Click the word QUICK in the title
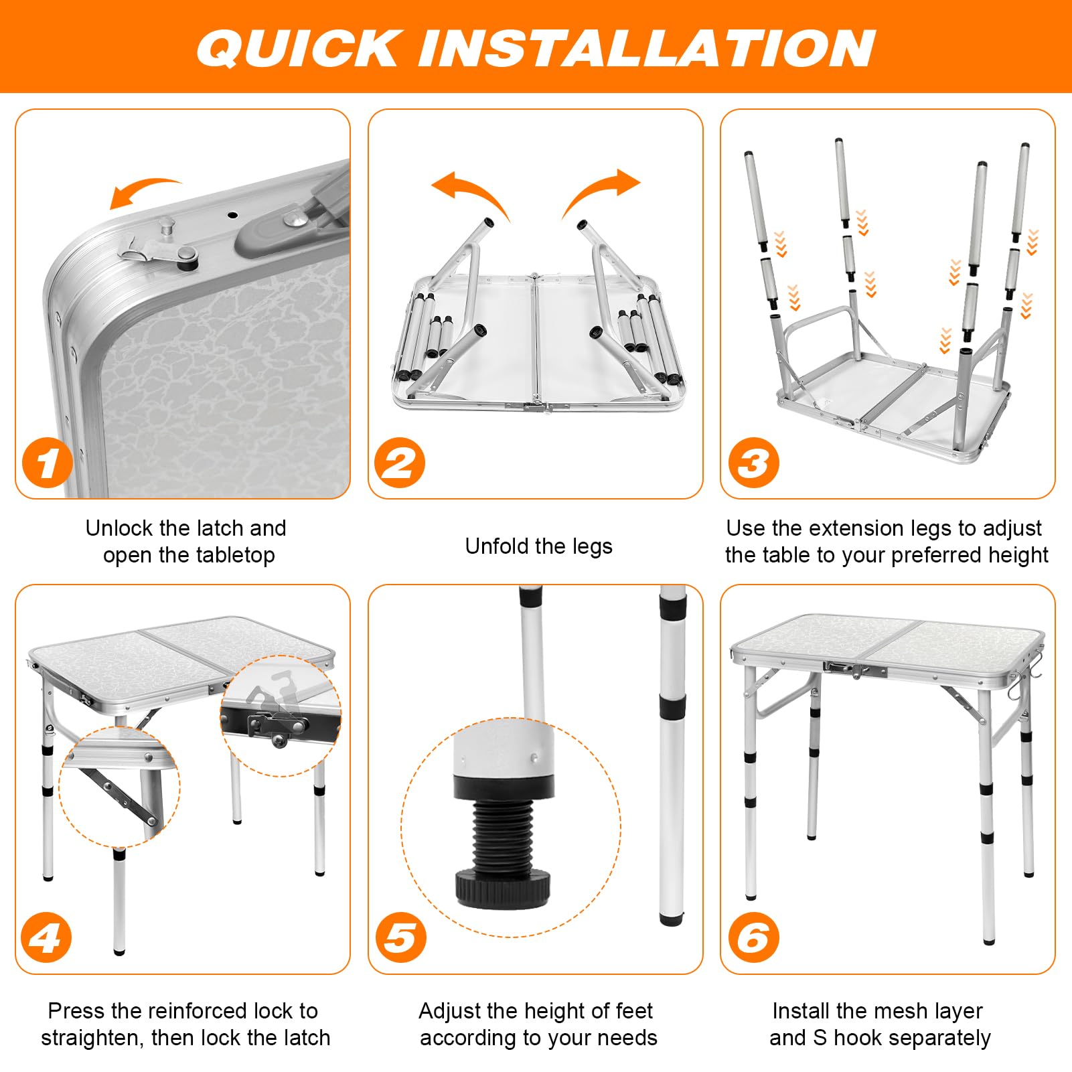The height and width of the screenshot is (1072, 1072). tap(298, 48)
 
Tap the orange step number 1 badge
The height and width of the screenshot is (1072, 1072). tap(47, 463)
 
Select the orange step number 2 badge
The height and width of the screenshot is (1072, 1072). tap(400, 463)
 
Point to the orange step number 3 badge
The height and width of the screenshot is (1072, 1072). tap(753, 463)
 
